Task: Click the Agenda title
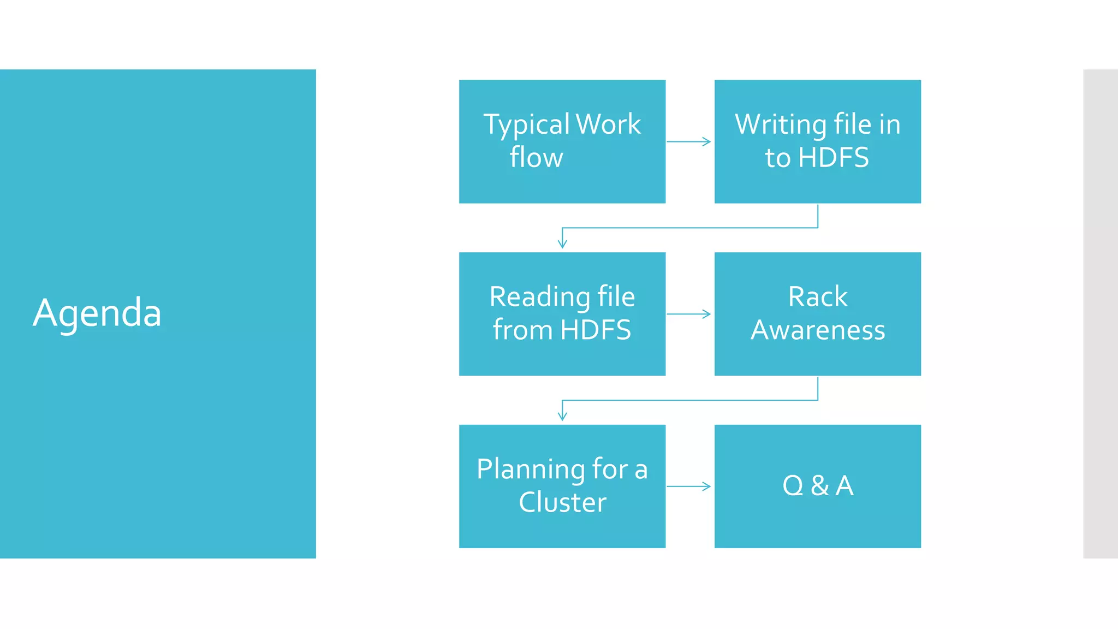tap(97, 313)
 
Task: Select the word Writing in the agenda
tap(781, 125)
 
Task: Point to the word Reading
tap(539, 298)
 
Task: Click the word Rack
tap(817, 297)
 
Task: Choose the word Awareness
tap(817, 330)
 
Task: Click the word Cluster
tap(562, 502)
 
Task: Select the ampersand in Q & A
tap(819, 485)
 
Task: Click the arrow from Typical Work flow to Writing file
tap(689, 142)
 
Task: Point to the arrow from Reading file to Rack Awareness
tap(689, 314)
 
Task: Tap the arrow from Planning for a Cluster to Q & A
tap(689, 486)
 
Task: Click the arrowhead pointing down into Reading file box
tap(562, 244)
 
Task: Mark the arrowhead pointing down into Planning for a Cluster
tap(562, 416)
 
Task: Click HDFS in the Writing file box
tap(833, 158)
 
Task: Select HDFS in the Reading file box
tap(596, 330)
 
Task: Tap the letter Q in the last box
tap(793, 485)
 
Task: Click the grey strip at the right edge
tap(1101, 313)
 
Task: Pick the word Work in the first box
tap(609, 124)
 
